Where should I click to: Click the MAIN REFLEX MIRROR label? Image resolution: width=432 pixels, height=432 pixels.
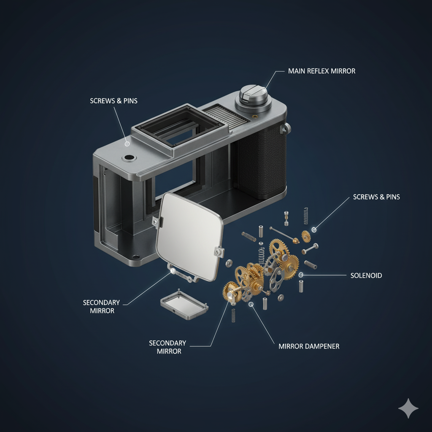click(x=321, y=71)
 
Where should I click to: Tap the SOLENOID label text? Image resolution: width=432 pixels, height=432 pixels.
click(x=366, y=275)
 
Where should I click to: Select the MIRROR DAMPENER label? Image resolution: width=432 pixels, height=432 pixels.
click(x=309, y=346)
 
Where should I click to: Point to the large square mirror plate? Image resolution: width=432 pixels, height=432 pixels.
click(x=189, y=236)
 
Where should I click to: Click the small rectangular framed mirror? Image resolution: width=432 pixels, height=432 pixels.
click(x=184, y=305)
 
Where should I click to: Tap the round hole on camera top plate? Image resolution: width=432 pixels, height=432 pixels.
click(x=129, y=158)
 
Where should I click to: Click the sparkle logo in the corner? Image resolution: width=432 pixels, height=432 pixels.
click(x=408, y=408)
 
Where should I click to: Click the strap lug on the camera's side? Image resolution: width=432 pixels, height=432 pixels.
click(x=285, y=128)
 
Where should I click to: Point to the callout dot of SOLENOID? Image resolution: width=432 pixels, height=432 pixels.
click(x=301, y=275)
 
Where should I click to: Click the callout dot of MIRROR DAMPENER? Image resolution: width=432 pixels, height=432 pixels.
click(x=251, y=304)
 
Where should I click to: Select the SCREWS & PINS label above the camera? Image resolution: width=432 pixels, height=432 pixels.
click(x=113, y=101)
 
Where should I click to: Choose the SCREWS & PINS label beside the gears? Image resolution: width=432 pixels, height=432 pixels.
click(x=376, y=197)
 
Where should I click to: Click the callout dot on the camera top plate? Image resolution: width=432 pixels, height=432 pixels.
click(x=127, y=144)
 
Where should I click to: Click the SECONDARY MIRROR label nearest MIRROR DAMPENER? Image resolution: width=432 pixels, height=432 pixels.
click(x=168, y=347)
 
